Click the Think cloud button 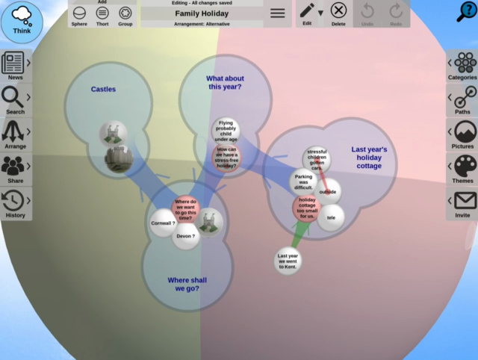[22, 20]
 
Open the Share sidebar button [13, 168]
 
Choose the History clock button [13, 202]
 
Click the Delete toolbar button [338, 13]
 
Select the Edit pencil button [307, 13]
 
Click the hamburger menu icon [277, 13]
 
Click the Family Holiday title [202, 13]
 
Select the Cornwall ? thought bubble [163, 223]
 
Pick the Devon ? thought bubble [186, 237]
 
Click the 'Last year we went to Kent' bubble [288, 260]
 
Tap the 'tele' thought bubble [331, 217]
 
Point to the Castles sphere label [103, 90]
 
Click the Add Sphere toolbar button [79, 14]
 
